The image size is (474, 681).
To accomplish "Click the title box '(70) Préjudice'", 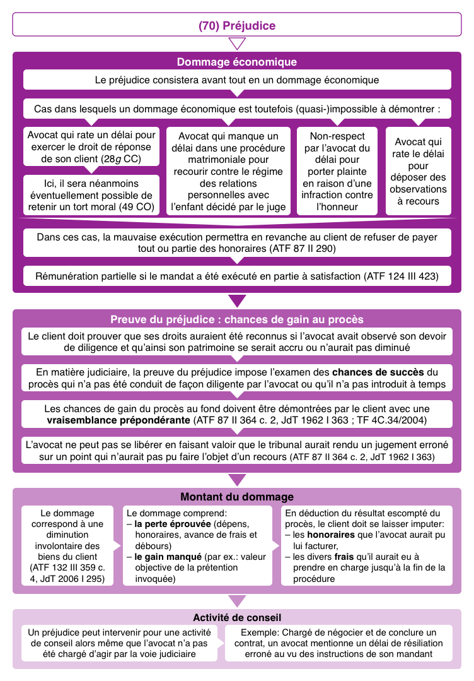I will click(x=236, y=26).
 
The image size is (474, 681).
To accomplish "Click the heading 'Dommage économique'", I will click(x=236, y=62).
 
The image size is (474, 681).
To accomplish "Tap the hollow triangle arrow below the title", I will click(x=237, y=44).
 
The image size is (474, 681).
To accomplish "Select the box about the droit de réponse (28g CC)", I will click(x=91, y=146).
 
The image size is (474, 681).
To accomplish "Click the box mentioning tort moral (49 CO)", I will click(x=91, y=195).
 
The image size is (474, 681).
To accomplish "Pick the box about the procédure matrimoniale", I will click(x=228, y=171).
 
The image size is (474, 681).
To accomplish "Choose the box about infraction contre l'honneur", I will click(x=337, y=171).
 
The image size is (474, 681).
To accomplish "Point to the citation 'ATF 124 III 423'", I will click(x=400, y=276).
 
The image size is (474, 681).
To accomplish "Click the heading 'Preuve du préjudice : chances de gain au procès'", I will click(x=236, y=319).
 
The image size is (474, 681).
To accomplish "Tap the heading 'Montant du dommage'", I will click(x=236, y=497).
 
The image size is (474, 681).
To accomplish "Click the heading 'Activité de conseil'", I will click(x=236, y=617).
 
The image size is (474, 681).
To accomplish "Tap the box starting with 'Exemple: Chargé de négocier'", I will click(x=338, y=643).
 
